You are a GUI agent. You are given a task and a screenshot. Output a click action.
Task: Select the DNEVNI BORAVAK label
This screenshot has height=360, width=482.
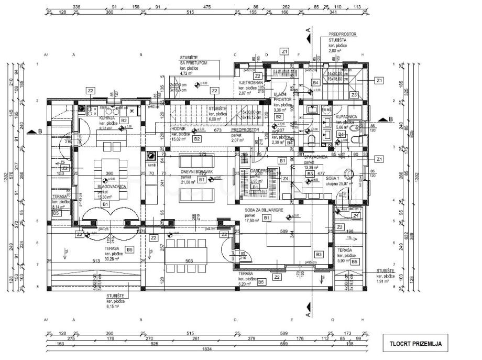196,172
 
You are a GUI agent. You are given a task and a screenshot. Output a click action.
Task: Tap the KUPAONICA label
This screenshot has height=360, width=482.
346,116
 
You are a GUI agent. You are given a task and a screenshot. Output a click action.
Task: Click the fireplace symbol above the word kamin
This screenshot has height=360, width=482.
151,156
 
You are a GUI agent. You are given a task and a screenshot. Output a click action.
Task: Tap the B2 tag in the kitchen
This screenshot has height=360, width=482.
124,121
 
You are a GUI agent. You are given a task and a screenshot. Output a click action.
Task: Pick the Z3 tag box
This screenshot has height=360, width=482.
354,95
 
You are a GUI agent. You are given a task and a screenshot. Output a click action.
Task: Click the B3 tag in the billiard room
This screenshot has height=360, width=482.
319,254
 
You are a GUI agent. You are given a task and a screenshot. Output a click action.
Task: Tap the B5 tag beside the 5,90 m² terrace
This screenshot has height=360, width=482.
355,261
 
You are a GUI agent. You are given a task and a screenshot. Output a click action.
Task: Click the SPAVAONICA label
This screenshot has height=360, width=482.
316,157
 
